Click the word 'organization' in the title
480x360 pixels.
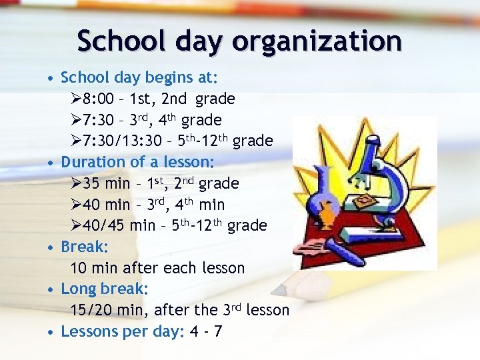[317, 42]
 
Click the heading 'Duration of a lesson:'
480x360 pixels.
[137, 162]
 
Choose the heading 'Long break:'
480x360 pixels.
[105, 289]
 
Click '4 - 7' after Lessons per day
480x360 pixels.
[205, 331]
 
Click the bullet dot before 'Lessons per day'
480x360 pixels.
[51, 332]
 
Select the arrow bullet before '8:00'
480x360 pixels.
[75, 99]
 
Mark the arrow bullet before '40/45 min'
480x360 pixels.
[75, 226]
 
